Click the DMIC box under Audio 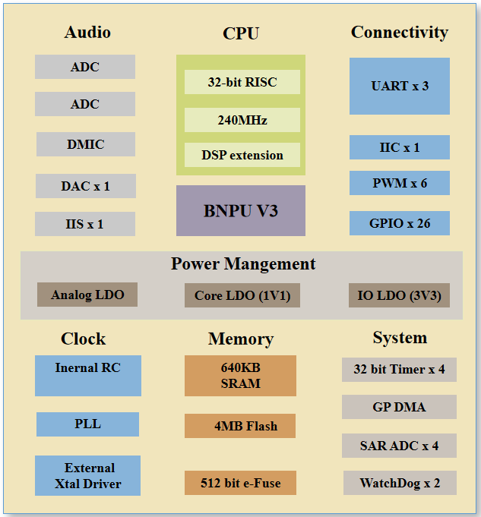pos(85,144)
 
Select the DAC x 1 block pos(85,186)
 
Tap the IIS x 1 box pos(84,224)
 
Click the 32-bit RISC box pos(242,82)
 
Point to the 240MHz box pos(242,120)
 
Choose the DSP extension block pos(242,156)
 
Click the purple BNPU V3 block pos(241,210)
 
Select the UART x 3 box pos(399,86)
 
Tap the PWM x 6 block pos(399,183)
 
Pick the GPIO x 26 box pos(399,223)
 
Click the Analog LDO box pos(87,295)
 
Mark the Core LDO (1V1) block pos(242,295)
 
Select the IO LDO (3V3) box pos(399,295)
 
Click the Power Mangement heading pos(242,264)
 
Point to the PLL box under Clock pos(87,424)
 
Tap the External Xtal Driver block pos(87,475)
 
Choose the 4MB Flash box pos(240,426)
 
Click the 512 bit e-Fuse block pos(240,483)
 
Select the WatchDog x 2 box pos(399,483)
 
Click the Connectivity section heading pos(399,33)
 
